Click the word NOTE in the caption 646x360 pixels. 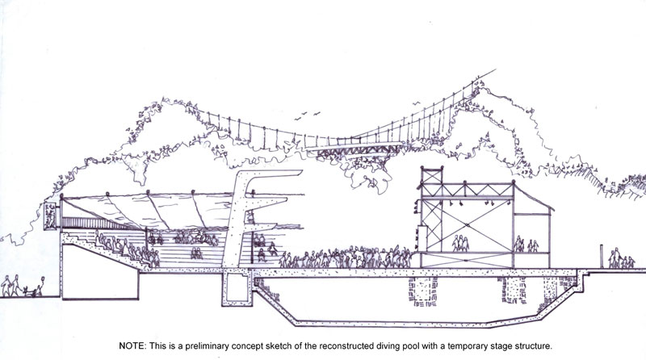(x=132, y=346)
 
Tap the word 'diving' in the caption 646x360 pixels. (x=389, y=346)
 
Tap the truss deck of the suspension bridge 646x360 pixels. (x=358, y=149)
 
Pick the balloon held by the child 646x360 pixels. (x=44, y=281)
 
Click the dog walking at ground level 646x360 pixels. (x=28, y=291)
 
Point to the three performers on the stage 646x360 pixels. (x=460, y=243)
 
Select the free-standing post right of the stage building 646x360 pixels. (x=602, y=257)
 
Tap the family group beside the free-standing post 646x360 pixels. (x=621, y=258)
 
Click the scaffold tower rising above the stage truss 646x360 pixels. (x=431, y=176)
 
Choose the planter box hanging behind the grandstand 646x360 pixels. (x=50, y=215)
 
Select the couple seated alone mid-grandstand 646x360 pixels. (x=196, y=253)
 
